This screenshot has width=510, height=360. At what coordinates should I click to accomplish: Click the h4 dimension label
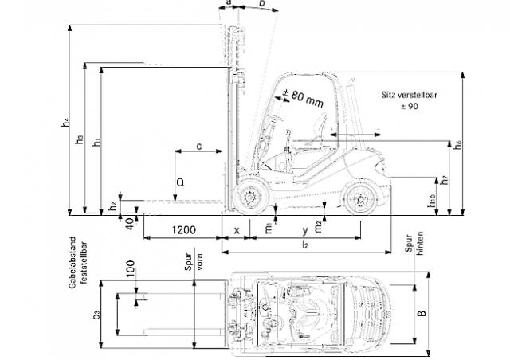66,123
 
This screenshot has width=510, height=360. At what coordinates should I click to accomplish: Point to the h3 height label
80,139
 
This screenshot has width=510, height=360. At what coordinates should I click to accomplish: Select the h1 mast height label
96,142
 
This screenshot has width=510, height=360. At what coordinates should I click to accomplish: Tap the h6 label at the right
458,144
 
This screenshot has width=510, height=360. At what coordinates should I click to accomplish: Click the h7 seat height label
445,180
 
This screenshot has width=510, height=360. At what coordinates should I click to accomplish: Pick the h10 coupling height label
432,201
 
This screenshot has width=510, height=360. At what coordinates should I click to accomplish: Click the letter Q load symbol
180,182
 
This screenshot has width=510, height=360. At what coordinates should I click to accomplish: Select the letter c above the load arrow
199,147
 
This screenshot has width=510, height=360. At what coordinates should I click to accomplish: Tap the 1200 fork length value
184,230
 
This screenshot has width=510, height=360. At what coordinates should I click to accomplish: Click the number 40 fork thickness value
129,224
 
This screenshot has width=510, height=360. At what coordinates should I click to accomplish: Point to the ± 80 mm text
303,98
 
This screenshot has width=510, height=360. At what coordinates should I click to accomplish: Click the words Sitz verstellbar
409,95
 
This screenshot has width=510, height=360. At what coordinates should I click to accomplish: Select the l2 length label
304,245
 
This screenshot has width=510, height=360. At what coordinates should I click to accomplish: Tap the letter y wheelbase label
305,230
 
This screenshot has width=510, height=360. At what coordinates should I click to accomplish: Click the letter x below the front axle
237,230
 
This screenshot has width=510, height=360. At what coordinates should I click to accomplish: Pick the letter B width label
422,313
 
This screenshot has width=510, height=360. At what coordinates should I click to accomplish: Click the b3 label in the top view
96,315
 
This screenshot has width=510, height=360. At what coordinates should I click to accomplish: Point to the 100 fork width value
130,268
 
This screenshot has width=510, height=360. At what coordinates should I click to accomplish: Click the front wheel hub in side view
249,198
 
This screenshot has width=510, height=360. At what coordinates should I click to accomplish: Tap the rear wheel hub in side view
359,199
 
